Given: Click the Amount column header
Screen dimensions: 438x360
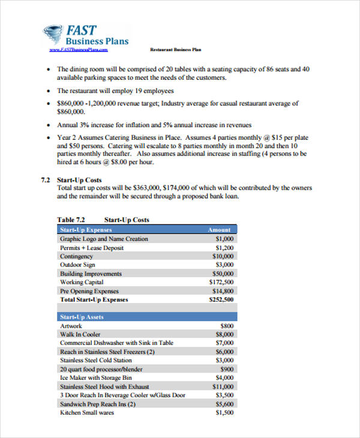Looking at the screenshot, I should coord(219,230).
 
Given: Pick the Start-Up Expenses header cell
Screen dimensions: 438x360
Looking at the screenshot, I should coord(86,230).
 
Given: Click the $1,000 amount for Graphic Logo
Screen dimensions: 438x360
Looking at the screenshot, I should coord(224,239).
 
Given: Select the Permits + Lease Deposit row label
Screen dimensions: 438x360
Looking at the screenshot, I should coord(91,248).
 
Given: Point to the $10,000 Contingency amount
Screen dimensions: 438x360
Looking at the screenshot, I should coord(223,256).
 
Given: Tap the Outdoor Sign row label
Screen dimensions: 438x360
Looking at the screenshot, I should coord(77,265).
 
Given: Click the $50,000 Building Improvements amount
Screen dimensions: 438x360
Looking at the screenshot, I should coord(223,274).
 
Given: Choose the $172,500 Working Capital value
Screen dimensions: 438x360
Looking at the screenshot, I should coord(221,282).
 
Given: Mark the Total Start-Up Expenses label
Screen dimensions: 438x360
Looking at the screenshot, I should coord(94,299).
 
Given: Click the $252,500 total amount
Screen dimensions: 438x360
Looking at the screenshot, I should coord(221,299).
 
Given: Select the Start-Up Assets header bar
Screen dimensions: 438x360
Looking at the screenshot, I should coord(147,317).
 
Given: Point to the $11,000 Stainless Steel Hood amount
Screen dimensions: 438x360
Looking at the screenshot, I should coord(223,387).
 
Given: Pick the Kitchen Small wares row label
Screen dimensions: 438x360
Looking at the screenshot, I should coord(86,413).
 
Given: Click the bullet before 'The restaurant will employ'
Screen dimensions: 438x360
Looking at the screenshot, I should coord(49,91).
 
